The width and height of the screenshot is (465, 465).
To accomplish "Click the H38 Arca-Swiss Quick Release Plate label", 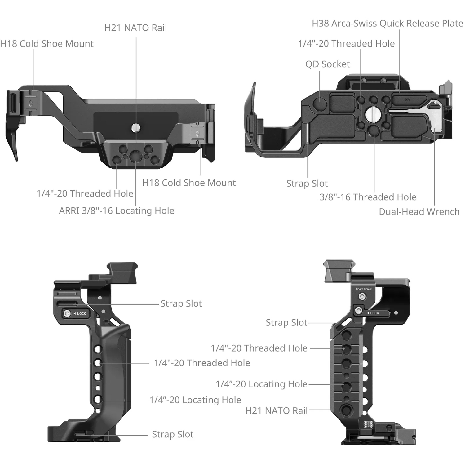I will pyautogui.click(x=387, y=24).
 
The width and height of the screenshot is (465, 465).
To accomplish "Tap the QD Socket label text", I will pyautogui.click(x=327, y=64).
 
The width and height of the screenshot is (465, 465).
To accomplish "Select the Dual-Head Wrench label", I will pyautogui.click(x=419, y=212).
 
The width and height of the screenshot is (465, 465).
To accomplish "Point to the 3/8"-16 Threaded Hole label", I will pyautogui.click(x=368, y=197).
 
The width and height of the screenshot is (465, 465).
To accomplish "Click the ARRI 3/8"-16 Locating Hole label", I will pyautogui.click(x=117, y=211).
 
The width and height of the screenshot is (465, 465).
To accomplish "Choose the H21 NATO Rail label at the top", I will pyautogui.click(x=135, y=28).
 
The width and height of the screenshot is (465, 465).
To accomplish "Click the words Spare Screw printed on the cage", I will pyautogui.click(x=363, y=289).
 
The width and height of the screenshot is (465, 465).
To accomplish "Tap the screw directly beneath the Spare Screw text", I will pyautogui.click(x=362, y=297).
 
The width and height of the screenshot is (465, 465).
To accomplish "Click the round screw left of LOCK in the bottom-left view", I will pyautogui.click(x=67, y=313).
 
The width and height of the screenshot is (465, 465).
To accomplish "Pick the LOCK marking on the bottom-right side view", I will pyautogui.click(x=374, y=313).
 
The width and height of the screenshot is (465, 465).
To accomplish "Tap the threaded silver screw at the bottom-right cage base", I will pyautogui.click(x=368, y=424).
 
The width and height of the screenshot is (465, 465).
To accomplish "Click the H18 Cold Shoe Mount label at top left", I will pyautogui.click(x=46, y=44).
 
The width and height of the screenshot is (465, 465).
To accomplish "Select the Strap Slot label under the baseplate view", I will pyautogui.click(x=307, y=184).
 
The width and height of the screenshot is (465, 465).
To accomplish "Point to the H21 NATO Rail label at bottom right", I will pyautogui.click(x=276, y=411).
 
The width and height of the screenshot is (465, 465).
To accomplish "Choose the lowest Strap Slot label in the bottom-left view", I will pyautogui.click(x=172, y=434).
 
